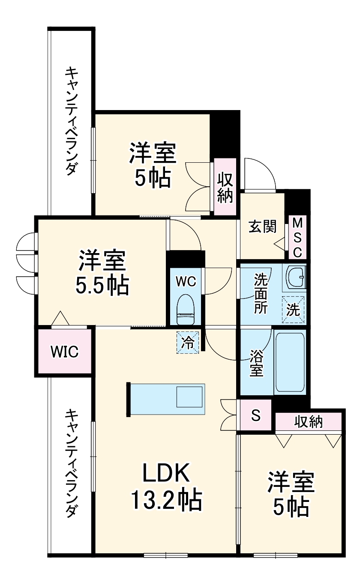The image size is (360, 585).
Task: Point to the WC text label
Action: (x=186, y=281)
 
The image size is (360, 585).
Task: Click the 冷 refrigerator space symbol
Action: (x=188, y=343)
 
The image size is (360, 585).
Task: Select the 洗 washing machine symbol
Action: (x=293, y=310)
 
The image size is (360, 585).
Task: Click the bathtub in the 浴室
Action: (x=290, y=362)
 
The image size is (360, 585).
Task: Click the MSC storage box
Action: (x=297, y=238)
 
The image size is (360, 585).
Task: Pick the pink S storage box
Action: (x=255, y=415)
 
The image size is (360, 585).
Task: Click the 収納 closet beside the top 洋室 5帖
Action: (x=225, y=187)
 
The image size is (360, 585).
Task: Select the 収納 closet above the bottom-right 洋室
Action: (x=309, y=422)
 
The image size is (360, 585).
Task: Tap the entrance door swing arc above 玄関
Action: (x=259, y=173)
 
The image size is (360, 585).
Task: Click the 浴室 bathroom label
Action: (x=256, y=363)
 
